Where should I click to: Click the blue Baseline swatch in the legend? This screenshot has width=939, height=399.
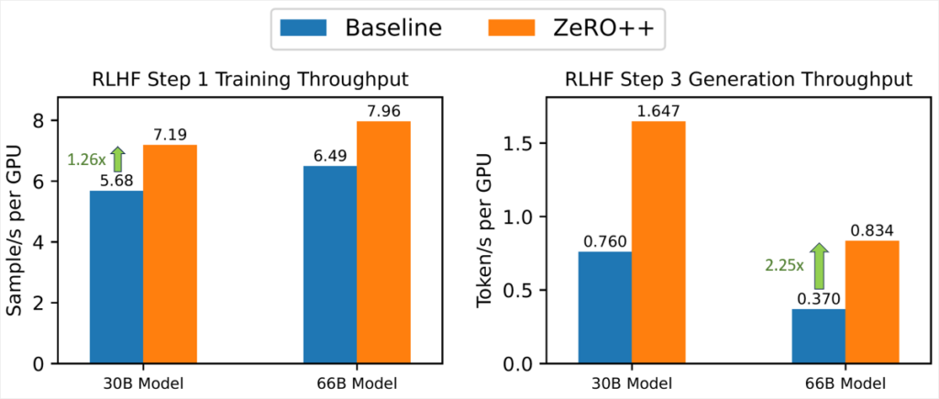point(305,28)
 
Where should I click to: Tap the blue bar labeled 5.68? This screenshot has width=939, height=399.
point(116,276)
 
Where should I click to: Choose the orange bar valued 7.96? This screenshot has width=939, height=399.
point(383,242)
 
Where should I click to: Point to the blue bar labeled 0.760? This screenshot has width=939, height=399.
point(605,307)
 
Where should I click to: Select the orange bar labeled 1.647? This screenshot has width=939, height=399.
point(658,242)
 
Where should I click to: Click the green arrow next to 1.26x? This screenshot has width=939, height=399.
point(116,159)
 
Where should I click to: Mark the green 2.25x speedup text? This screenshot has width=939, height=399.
point(784,266)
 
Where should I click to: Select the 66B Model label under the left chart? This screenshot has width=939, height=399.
point(357,383)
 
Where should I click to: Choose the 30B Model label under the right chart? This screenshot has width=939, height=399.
point(632,383)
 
